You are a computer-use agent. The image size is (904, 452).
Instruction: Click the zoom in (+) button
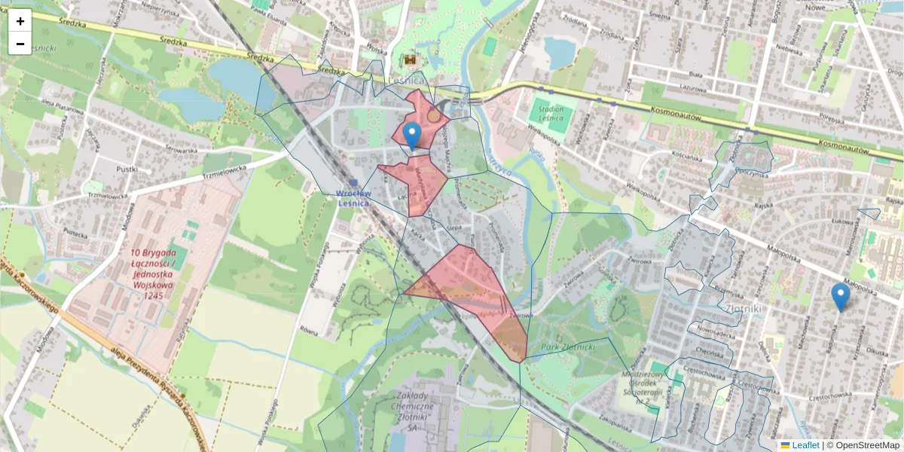click(x=20, y=21)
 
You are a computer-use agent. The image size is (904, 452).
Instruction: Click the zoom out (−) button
click(x=20, y=44)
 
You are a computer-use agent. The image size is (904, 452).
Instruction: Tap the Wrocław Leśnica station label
click(x=353, y=197)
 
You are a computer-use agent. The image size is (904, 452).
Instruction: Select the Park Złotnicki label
click(x=568, y=347)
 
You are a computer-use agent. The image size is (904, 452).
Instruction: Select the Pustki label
click(x=127, y=169)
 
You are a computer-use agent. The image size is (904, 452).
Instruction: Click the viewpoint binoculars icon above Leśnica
click(x=411, y=59)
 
